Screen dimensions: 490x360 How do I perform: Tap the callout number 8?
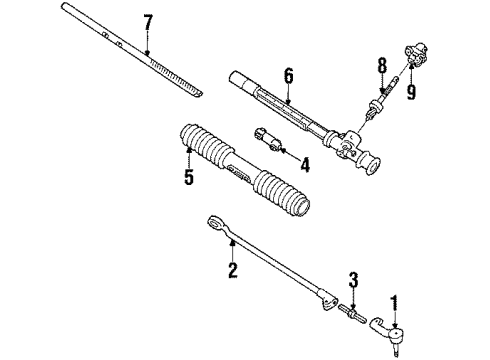(x=382, y=67)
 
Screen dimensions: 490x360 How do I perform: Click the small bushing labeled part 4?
(x=267, y=137)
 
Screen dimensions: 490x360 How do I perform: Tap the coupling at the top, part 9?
(x=411, y=50)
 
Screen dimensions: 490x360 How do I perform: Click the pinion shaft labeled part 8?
(x=380, y=95)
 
